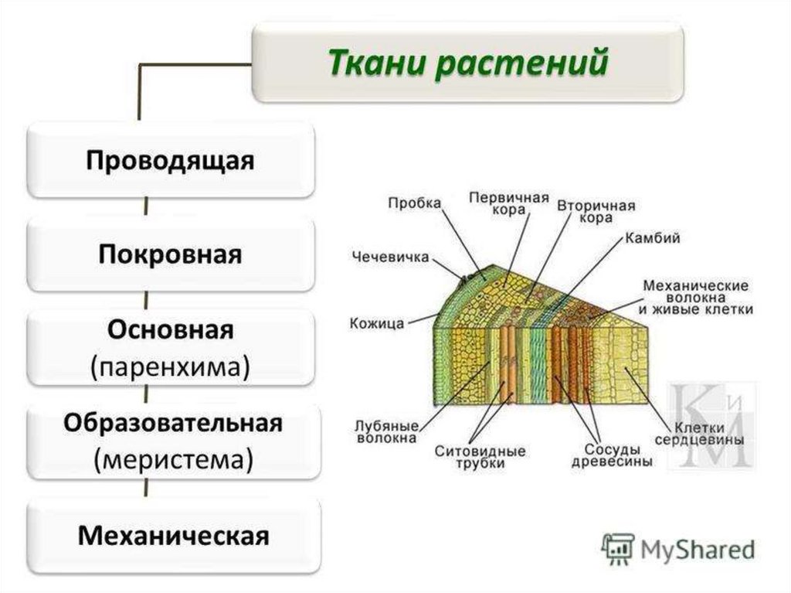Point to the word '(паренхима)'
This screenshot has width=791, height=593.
tap(171, 366)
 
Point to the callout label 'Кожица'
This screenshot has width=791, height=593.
tap(377, 323)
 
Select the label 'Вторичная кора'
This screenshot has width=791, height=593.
tap(596, 212)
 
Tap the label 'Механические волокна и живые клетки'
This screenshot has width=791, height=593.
tap(697, 297)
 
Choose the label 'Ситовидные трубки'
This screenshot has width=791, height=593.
tap(480, 456)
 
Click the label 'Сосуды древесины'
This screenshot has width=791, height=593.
tap(612, 455)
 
